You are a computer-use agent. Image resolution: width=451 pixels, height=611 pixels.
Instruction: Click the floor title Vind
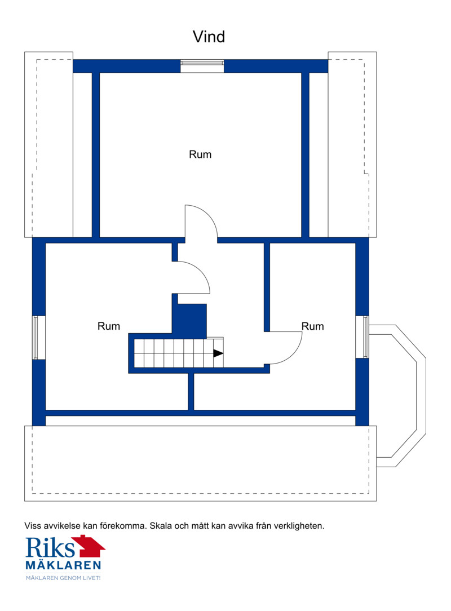209,37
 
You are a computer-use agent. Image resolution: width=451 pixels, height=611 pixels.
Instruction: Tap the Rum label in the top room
200,154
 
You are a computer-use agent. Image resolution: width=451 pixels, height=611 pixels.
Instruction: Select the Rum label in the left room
109,326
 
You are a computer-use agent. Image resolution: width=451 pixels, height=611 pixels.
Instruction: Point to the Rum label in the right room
313,326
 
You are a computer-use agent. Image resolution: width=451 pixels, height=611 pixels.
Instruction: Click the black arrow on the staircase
218,353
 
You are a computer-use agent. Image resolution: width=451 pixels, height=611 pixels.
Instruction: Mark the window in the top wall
202,66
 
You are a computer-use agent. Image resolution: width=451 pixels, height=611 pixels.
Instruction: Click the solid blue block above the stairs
189,320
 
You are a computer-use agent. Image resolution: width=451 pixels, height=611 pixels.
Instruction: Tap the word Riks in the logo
50,547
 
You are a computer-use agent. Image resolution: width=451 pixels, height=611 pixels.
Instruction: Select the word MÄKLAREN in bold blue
63,565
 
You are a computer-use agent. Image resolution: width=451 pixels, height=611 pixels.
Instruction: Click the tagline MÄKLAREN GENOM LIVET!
63,578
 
